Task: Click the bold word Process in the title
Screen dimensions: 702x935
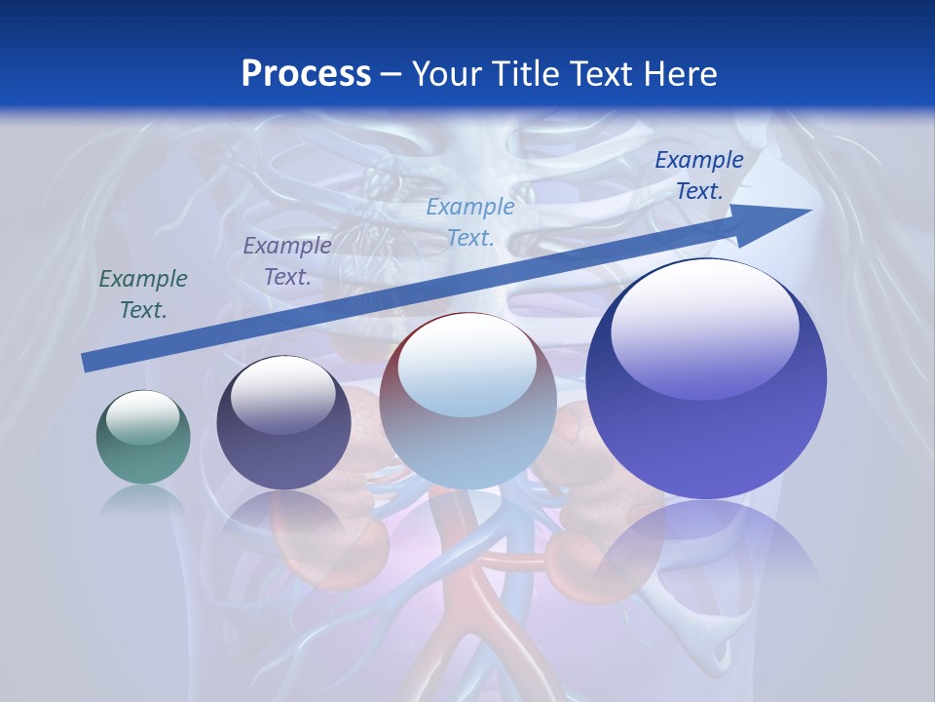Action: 306,74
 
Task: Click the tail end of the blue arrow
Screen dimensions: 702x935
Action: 86,362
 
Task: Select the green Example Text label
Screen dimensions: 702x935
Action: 143,294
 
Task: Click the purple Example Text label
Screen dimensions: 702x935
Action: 287,260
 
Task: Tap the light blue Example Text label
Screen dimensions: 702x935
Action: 470,221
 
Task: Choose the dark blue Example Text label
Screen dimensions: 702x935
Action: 698,175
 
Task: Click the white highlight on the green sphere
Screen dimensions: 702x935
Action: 143,416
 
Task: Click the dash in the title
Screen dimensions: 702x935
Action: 392,75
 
